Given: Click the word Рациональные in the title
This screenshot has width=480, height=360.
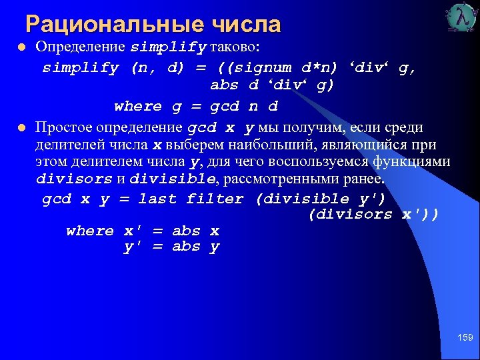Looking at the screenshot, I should (x=113, y=25).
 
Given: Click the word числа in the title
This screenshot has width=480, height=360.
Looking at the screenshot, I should (x=246, y=25).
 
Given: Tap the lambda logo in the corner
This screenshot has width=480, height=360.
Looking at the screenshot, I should (x=462, y=17).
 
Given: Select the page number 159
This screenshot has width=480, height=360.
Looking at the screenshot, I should (x=465, y=338).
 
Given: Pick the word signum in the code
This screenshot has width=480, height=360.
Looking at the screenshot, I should (x=261, y=67).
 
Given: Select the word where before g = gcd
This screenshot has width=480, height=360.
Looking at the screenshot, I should (x=138, y=106).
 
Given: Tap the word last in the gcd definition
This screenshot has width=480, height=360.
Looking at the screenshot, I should (x=157, y=199).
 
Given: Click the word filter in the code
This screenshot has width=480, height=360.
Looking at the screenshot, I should (x=215, y=199).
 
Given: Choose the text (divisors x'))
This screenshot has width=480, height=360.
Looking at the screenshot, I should (x=373, y=214).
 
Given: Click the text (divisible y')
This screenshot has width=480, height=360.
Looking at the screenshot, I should (x=321, y=199).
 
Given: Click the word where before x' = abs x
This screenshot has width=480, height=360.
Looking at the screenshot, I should (x=90, y=231).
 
